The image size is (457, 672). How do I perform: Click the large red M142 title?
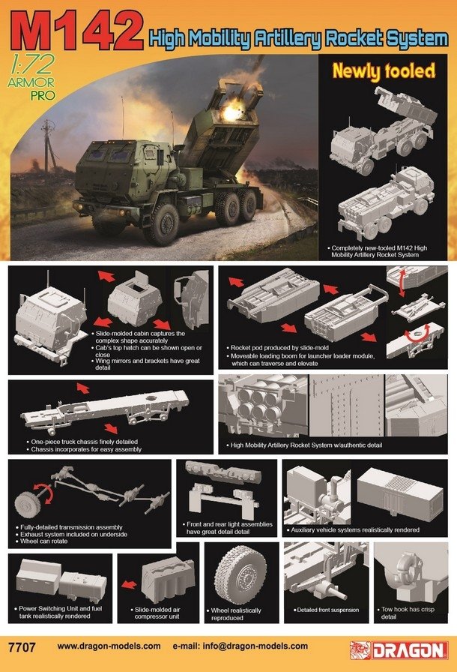(x=77, y=31)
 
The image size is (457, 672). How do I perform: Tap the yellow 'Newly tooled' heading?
(x=384, y=71)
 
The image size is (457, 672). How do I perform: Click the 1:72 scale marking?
(x=31, y=64)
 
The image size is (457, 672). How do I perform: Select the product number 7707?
(x=22, y=646)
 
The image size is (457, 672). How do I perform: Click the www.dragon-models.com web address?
(x=109, y=646)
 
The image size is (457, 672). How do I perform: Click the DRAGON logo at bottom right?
(x=399, y=650)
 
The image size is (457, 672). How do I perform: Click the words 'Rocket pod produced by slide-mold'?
(x=279, y=347)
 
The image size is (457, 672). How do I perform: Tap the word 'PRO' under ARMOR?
(x=43, y=95)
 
